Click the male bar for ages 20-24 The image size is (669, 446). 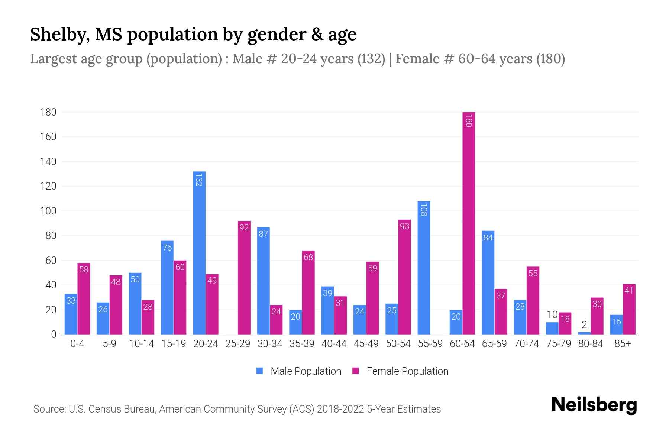pyautogui.click(x=199, y=253)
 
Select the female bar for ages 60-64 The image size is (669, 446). pyautogui.click(x=469, y=223)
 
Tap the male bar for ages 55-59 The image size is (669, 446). pyautogui.click(x=424, y=268)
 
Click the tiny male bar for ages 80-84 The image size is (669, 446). pyautogui.click(x=584, y=333)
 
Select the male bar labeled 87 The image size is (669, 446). pyautogui.click(x=263, y=281)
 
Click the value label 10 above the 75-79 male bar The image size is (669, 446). pyautogui.click(x=552, y=315)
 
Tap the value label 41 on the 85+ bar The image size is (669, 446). pyautogui.click(x=629, y=291)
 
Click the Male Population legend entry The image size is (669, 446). pyautogui.click(x=299, y=371)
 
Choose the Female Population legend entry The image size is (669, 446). pyautogui.click(x=400, y=371)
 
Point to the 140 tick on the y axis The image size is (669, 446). pyautogui.click(x=48, y=161)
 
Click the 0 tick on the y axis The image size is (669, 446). pyautogui.click(x=54, y=334)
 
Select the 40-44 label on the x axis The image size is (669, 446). pyautogui.click(x=334, y=344)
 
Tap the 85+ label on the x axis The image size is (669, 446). pyautogui.click(x=623, y=344)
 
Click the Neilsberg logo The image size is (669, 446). pyautogui.click(x=594, y=405)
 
